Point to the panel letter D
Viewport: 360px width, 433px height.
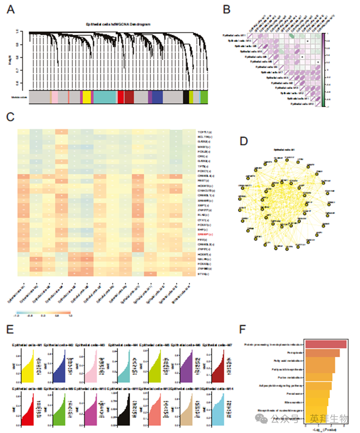244,142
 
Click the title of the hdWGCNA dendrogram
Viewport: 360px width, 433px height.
117,25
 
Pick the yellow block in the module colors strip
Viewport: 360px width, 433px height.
87,97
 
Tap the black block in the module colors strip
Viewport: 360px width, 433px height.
186,97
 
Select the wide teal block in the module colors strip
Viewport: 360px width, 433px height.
105,97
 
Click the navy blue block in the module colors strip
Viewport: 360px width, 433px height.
157,97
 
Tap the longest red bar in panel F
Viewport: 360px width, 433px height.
325,344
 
